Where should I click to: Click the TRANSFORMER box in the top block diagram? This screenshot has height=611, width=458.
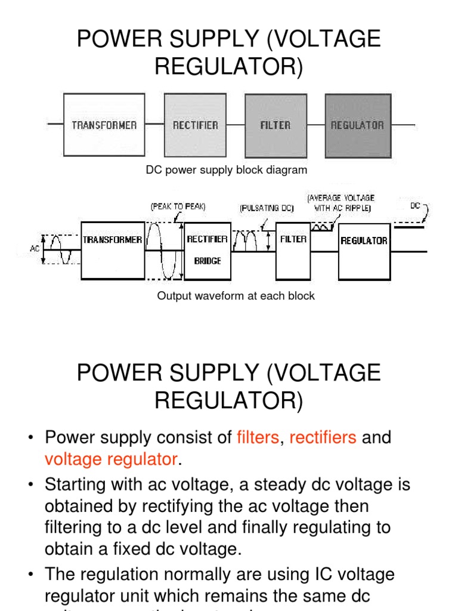(104, 125)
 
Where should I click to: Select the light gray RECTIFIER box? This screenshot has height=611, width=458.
(195, 125)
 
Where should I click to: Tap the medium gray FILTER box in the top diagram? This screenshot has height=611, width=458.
(275, 125)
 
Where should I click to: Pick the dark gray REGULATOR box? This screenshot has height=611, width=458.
(357, 125)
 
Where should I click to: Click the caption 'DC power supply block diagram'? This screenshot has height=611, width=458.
(227, 170)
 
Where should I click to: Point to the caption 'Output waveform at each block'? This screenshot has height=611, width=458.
(236, 296)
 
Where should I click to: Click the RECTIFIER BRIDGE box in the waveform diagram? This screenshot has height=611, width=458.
(208, 251)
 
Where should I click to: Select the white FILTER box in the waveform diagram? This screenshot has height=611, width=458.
(293, 251)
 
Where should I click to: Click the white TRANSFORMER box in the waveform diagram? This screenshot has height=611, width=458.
(113, 251)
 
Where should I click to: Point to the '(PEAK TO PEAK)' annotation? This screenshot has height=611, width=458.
(178, 206)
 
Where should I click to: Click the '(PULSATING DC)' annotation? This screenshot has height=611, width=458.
(267, 209)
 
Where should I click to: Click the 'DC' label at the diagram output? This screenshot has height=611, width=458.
(416, 205)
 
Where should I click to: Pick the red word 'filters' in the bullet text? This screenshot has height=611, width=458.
(258, 437)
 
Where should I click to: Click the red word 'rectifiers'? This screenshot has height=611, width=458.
(323, 437)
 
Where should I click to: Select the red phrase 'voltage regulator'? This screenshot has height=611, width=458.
(111, 459)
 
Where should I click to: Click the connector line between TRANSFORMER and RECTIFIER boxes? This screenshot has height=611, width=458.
(154, 125)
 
